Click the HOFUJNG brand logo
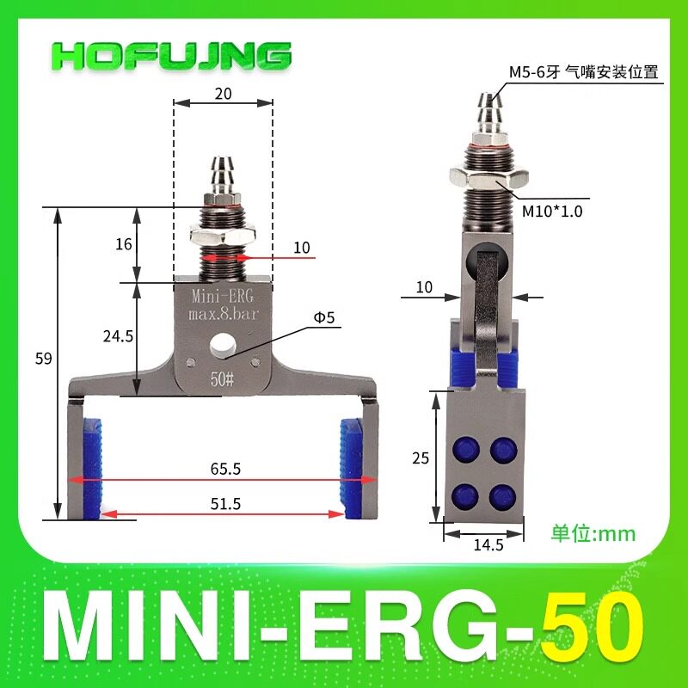(x=171, y=56)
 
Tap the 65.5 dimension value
(x=225, y=469)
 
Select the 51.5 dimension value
(x=225, y=503)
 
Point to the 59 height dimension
(x=44, y=359)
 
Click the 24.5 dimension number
(x=118, y=336)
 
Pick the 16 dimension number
(x=124, y=244)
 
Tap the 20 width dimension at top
(x=223, y=94)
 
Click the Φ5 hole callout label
(x=324, y=316)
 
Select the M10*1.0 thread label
(x=552, y=212)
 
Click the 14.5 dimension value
(x=488, y=545)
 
